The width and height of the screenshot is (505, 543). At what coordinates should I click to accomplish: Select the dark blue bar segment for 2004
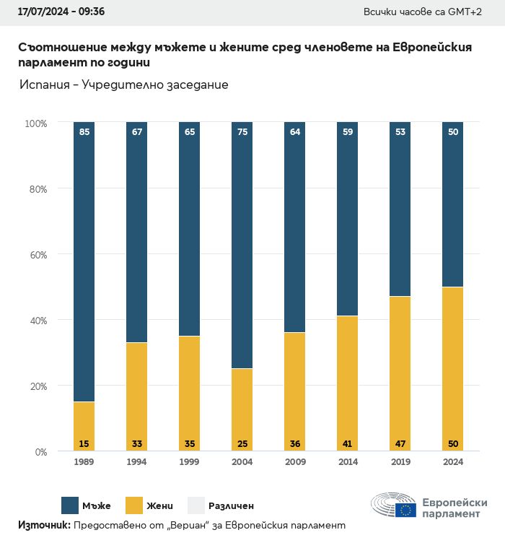(x=242, y=246)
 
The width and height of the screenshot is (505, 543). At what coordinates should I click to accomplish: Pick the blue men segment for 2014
(x=347, y=217)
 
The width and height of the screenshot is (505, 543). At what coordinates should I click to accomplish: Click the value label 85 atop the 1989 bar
(x=84, y=132)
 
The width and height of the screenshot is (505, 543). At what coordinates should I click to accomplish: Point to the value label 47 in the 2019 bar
(x=400, y=443)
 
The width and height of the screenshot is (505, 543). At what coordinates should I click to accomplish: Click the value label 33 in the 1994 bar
(x=136, y=443)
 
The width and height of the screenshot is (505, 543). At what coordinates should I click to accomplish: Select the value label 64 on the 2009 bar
(x=294, y=132)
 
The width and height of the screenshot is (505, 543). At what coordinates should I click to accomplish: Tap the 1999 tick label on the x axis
(x=189, y=462)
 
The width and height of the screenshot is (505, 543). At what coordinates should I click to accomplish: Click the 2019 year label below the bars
(x=400, y=462)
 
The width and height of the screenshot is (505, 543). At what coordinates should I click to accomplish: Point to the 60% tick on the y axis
(x=36, y=255)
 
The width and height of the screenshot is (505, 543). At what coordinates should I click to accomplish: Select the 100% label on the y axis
(x=35, y=123)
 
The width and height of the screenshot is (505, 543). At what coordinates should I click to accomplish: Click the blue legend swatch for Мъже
(x=70, y=505)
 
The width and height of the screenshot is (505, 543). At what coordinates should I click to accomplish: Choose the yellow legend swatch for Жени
(x=134, y=505)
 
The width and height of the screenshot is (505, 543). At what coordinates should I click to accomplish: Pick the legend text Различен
(x=231, y=505)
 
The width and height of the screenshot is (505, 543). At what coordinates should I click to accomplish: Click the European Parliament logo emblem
(x=393, y=506)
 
